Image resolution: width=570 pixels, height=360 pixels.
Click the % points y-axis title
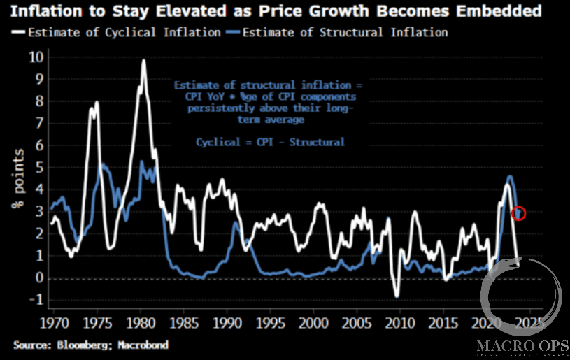click(x=15, y=179)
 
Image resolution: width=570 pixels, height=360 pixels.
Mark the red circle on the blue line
click(x=518, y=213)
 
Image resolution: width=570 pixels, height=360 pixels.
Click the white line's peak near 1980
click(x=143, y=60)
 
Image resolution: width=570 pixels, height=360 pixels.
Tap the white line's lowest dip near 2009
click(x=397, y=296)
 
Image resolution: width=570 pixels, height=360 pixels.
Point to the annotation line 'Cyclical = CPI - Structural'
click(x=270, y=142)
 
